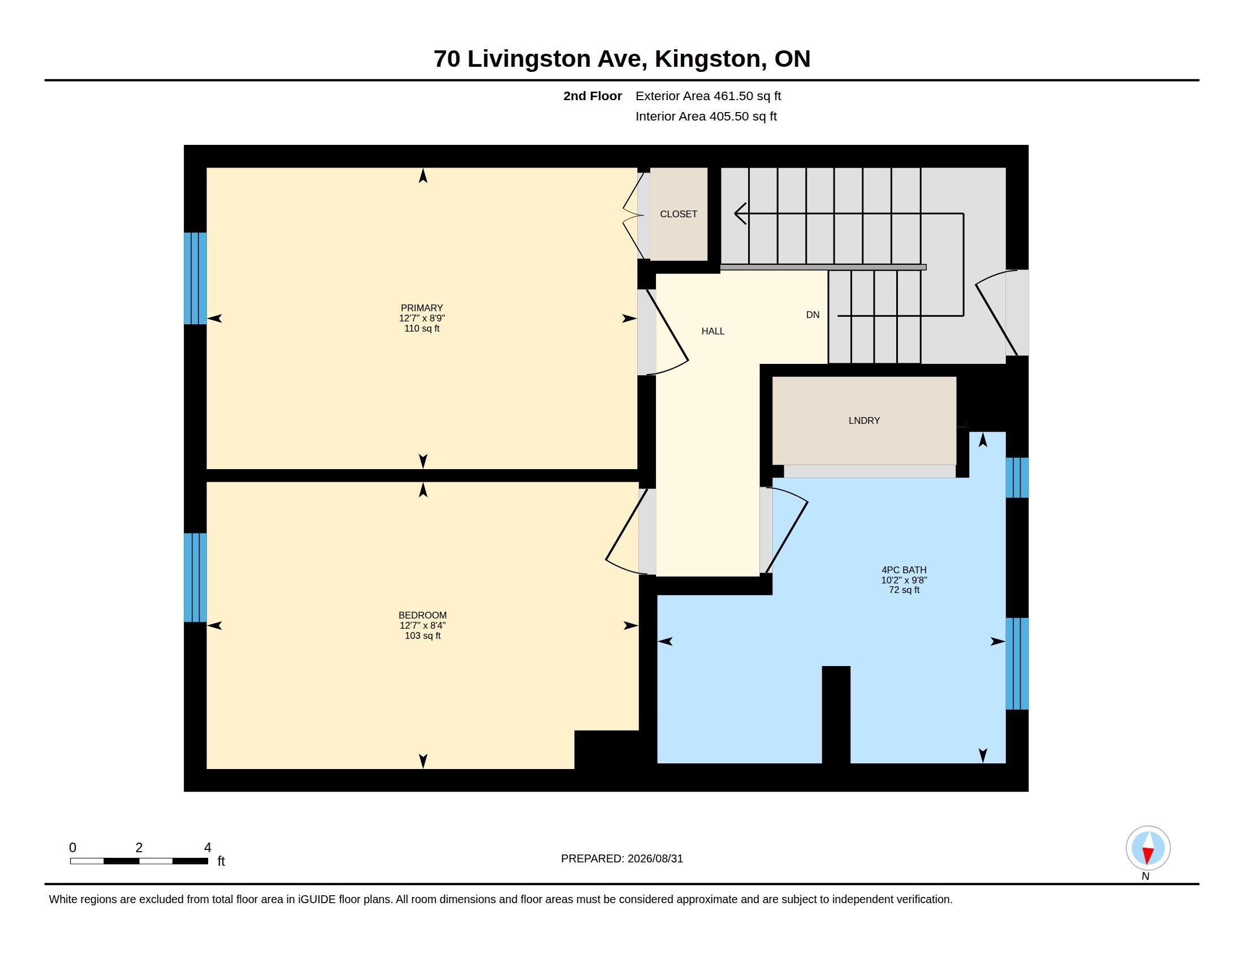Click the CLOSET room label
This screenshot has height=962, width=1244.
coord(679,214)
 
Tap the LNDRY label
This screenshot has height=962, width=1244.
coord(864,420)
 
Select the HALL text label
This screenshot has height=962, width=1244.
coord(712,331)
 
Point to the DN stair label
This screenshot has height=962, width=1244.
coord(813,315)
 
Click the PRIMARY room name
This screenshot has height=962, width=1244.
coord(421,308)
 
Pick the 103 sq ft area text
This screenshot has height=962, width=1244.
coord(422,635)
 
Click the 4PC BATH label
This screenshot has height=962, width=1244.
coord(904,570)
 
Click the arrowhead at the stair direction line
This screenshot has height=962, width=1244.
coord(740,214)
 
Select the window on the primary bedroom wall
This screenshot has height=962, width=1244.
coord(195,278)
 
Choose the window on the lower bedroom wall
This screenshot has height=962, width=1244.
coord(195,577)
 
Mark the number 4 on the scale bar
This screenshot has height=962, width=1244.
coord(208,848)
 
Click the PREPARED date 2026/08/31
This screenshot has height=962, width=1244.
coord(655,859)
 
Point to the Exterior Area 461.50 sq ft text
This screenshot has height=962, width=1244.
coord(708,96)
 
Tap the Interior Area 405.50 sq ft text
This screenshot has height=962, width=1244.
coord(706,117)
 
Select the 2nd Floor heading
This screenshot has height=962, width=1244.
coord(593,96)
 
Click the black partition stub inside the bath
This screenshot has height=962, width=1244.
coord(836,715)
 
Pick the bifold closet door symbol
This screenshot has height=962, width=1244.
coord(633,216)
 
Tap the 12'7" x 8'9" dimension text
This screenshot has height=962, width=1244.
coord(421,318)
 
